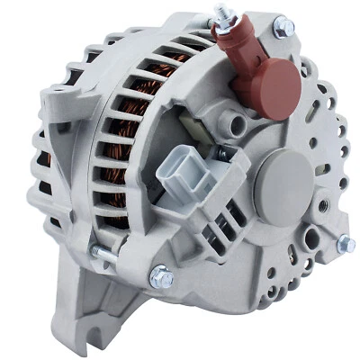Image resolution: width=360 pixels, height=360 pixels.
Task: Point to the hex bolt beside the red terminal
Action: (283, 27)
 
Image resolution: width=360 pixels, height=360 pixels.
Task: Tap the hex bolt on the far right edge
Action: (345, 243)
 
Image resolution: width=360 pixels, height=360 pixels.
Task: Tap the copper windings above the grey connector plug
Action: (162, 126)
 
